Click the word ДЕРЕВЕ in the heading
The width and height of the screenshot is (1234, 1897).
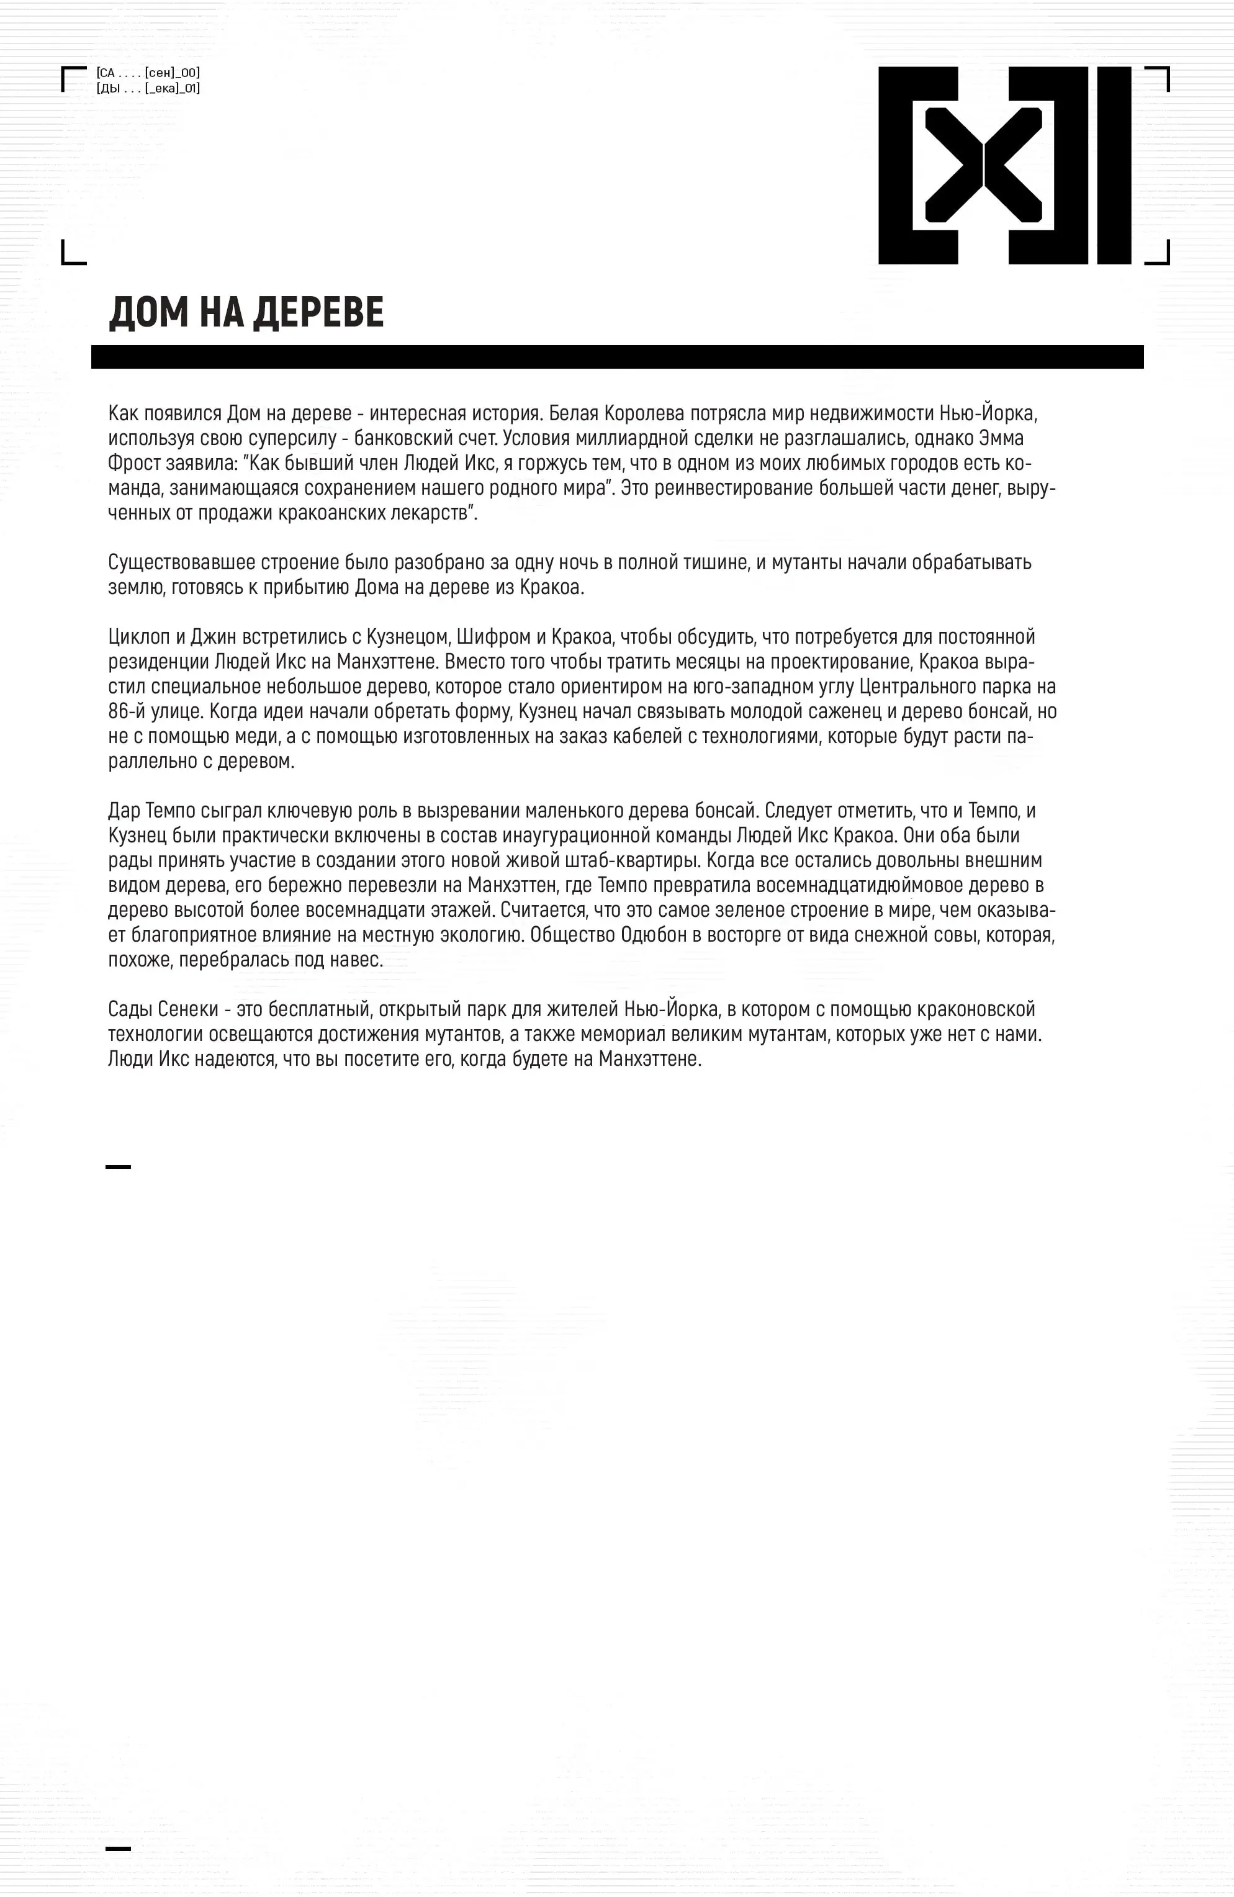click(319, 312)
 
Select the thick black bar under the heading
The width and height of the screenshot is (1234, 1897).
click(617, 356)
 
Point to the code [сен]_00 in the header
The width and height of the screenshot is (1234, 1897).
click(172, 73)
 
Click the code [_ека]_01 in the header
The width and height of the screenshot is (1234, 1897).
click(172, 89)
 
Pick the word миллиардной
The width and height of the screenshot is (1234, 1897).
click(615, 438)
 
